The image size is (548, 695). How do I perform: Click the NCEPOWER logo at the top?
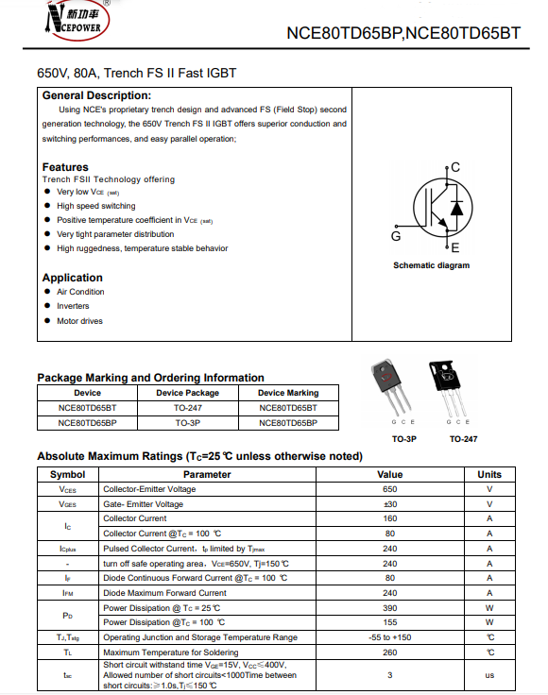[x=77, y=20]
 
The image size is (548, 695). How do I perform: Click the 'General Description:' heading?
[x=96, y=95]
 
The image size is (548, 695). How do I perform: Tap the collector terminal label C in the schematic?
[x=455, y=167]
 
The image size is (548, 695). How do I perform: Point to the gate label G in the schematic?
[x=396, y=236]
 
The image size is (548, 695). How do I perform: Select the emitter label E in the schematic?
[x=455, y=247]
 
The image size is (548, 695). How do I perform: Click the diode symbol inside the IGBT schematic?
[x=456, y=208]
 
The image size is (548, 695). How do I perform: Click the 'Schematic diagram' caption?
[x=432, y=265]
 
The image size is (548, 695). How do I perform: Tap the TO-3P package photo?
[x=391, y=386]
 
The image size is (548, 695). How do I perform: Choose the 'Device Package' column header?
[x=187, y=393]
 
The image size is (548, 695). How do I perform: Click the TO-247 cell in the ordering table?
[x=187, y=408]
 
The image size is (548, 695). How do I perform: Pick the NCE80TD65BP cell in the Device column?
[x=87, y=423]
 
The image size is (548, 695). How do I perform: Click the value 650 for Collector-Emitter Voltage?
[x=389, y=489]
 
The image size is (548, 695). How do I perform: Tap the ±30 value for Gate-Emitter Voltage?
[x=389, y=504]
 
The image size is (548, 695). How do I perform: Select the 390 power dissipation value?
[x=389, y=608]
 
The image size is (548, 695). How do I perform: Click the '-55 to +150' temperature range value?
[x=389, y=637]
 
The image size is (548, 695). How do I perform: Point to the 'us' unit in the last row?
[x=489, y=675]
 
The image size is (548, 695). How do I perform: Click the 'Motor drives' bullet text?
[x=79, y=321]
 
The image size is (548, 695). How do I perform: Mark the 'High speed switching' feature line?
[x=96, y=206]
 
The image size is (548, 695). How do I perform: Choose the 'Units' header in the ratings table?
[x=489, y=474]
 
